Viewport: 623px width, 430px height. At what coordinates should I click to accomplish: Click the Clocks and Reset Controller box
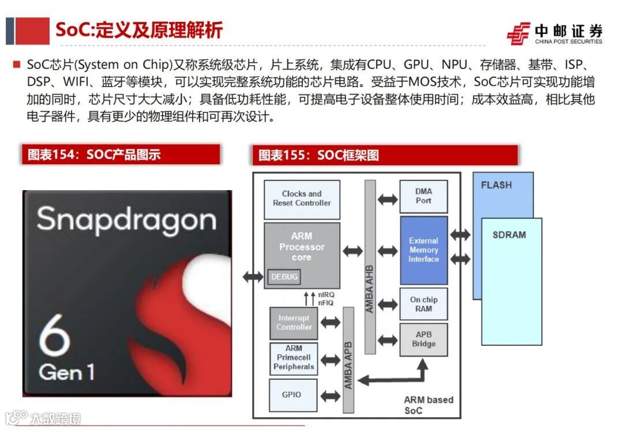click(302, 199)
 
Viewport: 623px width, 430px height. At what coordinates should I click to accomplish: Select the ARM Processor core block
click(302, 247)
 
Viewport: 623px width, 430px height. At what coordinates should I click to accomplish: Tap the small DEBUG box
click(284, 277)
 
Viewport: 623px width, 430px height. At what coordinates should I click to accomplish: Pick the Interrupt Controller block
click(294, 323)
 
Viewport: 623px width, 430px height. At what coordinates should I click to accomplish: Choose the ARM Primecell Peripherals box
click(294, 358)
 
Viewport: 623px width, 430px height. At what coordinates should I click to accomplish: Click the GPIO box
click(291, 395)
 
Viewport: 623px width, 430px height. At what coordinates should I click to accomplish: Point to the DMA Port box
click(423, 197)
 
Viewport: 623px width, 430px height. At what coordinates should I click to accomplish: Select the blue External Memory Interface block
click(423, 250)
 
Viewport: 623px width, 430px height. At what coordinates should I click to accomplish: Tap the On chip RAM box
click(423, 304)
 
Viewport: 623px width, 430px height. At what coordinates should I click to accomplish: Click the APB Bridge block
click(423, 340)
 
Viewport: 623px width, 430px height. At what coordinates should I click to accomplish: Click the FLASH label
click(496, 186)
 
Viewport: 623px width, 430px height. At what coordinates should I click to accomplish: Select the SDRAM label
click(509, 235)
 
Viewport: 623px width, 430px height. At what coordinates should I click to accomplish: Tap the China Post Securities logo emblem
click(518, 34)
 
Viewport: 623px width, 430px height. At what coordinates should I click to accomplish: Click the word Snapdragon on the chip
click(127, 220)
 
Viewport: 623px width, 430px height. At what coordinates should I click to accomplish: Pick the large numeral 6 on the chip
click(55, 333)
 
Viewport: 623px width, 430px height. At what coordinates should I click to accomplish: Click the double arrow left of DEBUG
click(253, 277)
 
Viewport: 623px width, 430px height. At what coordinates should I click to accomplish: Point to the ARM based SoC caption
click(428, 405)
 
